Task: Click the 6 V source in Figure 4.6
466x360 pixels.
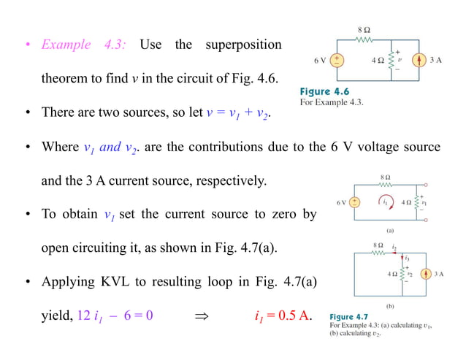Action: (x=337, y=60)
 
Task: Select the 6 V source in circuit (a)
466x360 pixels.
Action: (x=354, y=202)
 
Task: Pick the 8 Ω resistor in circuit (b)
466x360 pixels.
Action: (x=378, y=253)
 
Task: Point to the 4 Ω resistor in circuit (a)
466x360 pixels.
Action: (x=418, y=202)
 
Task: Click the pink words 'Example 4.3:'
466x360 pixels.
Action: (x=84, y=45)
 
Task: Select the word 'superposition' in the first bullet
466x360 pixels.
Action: (x=242, y=45)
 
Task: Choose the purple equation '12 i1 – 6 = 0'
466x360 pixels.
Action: (x=115, y=315)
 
